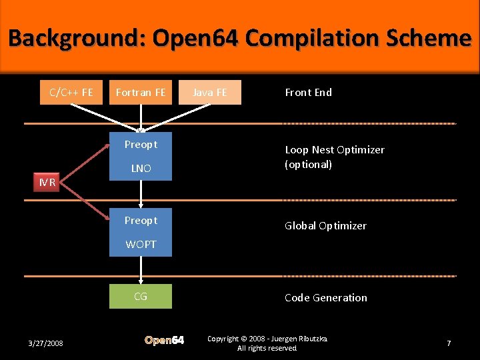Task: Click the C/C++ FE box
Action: (71, 92)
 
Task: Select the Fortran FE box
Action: (141, 92)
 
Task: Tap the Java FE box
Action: (210, 92)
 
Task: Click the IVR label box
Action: (47, 182)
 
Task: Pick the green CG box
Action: (141, 296)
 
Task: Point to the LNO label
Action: (141, 169)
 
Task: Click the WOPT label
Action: (141, 245)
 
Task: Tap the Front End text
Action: (308, 92)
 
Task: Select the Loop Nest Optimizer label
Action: (335, 150)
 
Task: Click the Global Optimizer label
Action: (325, 226)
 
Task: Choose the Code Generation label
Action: (326, 298)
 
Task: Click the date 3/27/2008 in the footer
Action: (46, 343)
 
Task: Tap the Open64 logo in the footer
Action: (164, 341)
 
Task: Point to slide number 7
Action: (449, 343)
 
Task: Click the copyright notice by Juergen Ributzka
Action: (267, 343)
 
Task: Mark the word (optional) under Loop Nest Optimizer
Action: (308, 165)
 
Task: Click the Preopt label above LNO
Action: (141, 145)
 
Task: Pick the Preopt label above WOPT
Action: (141, 221)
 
